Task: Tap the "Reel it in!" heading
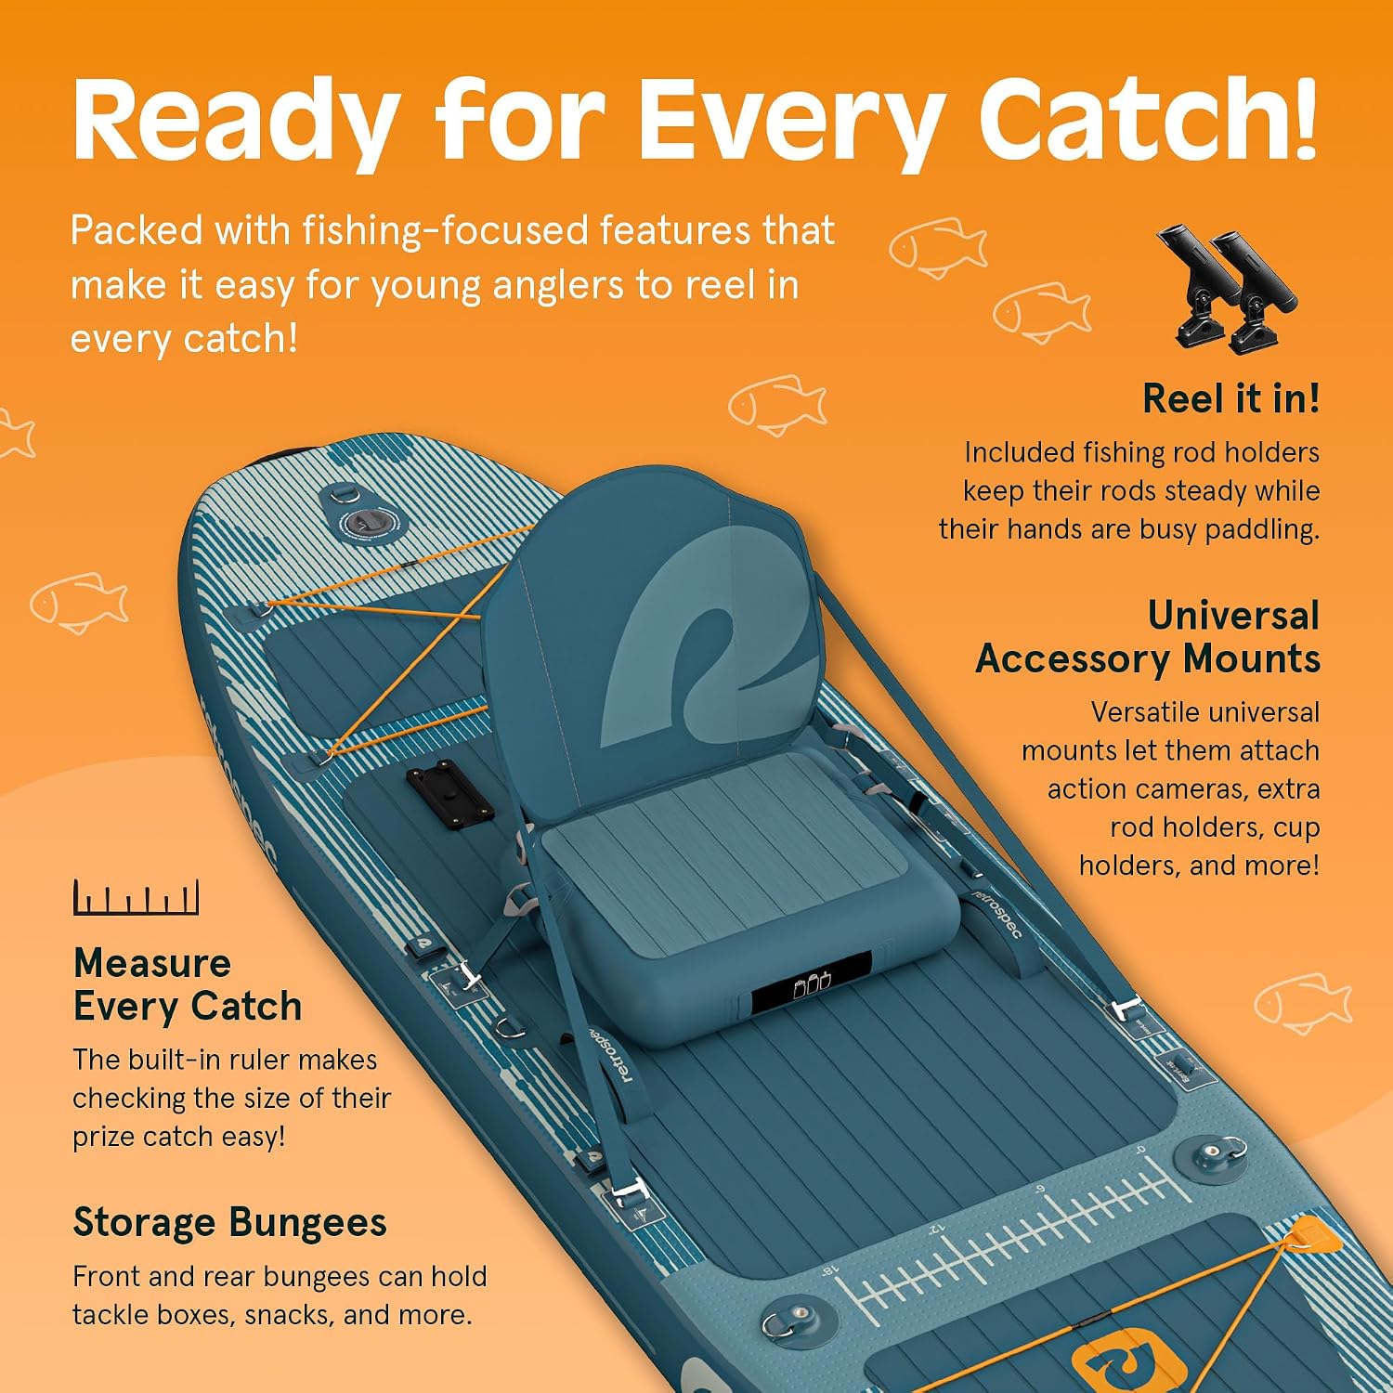click(1230, 399)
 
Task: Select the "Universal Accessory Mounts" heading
click(1148, 637)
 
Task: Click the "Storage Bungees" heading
click(229, 1223)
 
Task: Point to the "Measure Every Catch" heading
click(188, 984)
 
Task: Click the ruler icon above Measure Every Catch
click(137, 898)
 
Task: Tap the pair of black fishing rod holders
click(1226, 289)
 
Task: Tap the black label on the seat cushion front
click(812, 983)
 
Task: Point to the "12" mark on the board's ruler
click(936, 1231)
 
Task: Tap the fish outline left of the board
click(78, 602)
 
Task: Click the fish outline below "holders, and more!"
click(1303, 1002)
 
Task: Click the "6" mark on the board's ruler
click(1040, 1190)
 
